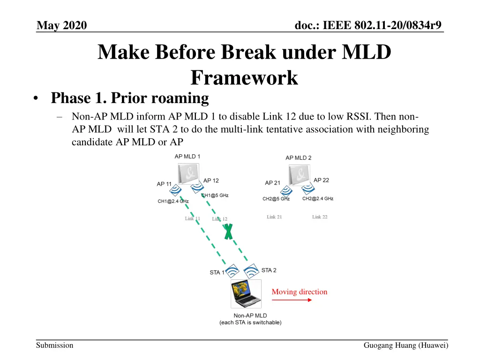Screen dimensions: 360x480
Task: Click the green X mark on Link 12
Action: [x=228, y=232]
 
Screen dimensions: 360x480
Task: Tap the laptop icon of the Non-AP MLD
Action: [x=246, y=294]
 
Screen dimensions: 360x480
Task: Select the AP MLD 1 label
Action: [x=187, y=157]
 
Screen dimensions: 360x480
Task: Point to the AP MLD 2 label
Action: [x=299, y=158]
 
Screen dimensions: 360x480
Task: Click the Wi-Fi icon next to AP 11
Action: [x=175, y=190]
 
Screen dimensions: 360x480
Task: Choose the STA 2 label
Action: [x=269, y=270]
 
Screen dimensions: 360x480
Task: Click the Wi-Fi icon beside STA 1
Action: [x=232, y=271]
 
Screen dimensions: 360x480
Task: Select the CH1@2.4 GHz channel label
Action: [x=173, y=202]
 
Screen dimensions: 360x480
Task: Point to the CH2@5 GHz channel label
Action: [x=276, y=199]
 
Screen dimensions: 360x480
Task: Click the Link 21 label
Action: [x=274, y=217]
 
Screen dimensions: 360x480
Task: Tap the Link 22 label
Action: [x=320, y=217]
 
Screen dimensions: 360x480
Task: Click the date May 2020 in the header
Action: [x=62, y=25]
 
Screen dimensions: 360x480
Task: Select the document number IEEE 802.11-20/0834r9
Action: [x=368, y=25]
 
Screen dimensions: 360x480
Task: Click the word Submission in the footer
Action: [x=55, y=345]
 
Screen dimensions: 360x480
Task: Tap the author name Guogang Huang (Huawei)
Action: [x=405, y=345]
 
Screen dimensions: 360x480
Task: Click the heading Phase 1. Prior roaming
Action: [x=130, y=98]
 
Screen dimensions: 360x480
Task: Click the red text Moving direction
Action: [x=300, y=292]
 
